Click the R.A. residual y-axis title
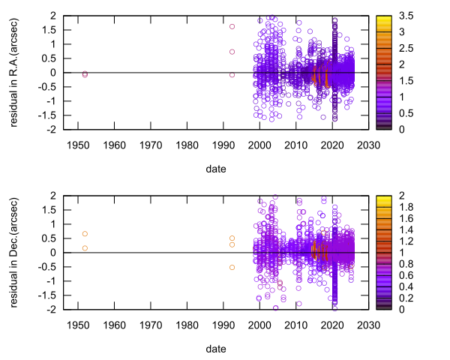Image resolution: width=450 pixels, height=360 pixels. tap(16, 72)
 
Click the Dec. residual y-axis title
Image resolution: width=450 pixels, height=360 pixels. tap(16, 252)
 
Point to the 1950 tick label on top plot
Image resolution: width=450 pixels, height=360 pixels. tap(78, 145)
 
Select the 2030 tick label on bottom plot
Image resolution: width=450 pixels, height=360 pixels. tap(367, 325)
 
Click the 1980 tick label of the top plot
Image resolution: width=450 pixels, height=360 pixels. tap(187, 145)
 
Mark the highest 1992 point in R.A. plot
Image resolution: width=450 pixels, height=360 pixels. tap(232, 26)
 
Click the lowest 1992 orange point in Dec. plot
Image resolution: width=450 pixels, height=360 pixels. tap(232, 267)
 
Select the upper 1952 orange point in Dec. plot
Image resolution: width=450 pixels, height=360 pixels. tap(85, 234)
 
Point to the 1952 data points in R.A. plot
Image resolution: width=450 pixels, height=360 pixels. tap(85, 74)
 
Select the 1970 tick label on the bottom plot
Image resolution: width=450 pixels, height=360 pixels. tap(151, 325)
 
